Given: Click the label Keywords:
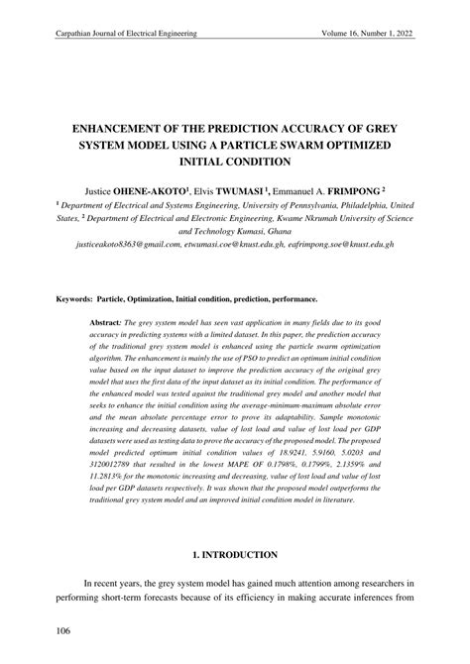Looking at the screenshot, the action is (x=74, y=297).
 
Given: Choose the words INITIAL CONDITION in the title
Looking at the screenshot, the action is (x=235, y=161).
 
